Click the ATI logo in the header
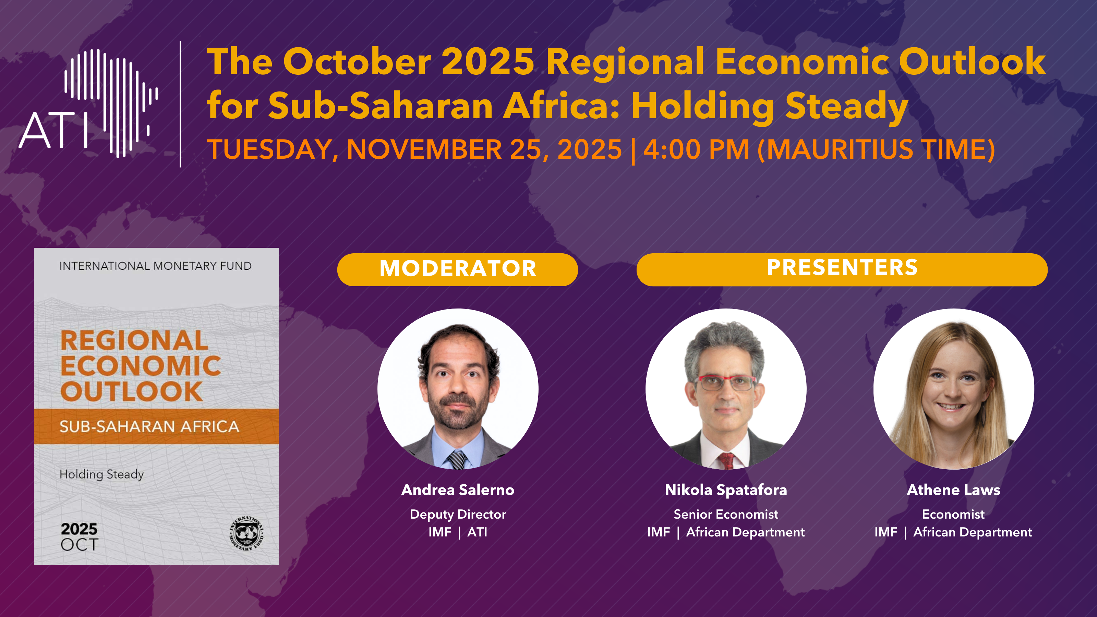pos(88,104)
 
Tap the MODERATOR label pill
pos(457,269)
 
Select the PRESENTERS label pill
pos(842,269)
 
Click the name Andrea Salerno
pos(458,490)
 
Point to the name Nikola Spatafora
pos(726,490)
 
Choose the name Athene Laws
pos(953,490)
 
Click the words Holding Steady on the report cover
pos(101,474)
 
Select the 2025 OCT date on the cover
pos(79,536)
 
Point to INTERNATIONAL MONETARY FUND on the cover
pos(155,266)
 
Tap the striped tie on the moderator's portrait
pos(457,459)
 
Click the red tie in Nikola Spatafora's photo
pos(726,461)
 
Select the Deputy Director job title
pos(458,515)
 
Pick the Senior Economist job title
pos(726,515)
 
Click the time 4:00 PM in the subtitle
pos(696,149)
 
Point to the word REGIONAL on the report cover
pos(134,340)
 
